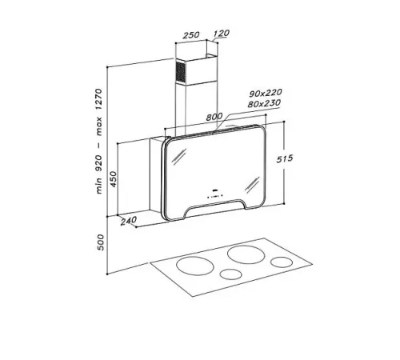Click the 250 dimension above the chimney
[190, 36]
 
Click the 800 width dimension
[214, 117]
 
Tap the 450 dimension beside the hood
[114, 178]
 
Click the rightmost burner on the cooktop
[281, 262]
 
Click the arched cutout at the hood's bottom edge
[214, 210]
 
